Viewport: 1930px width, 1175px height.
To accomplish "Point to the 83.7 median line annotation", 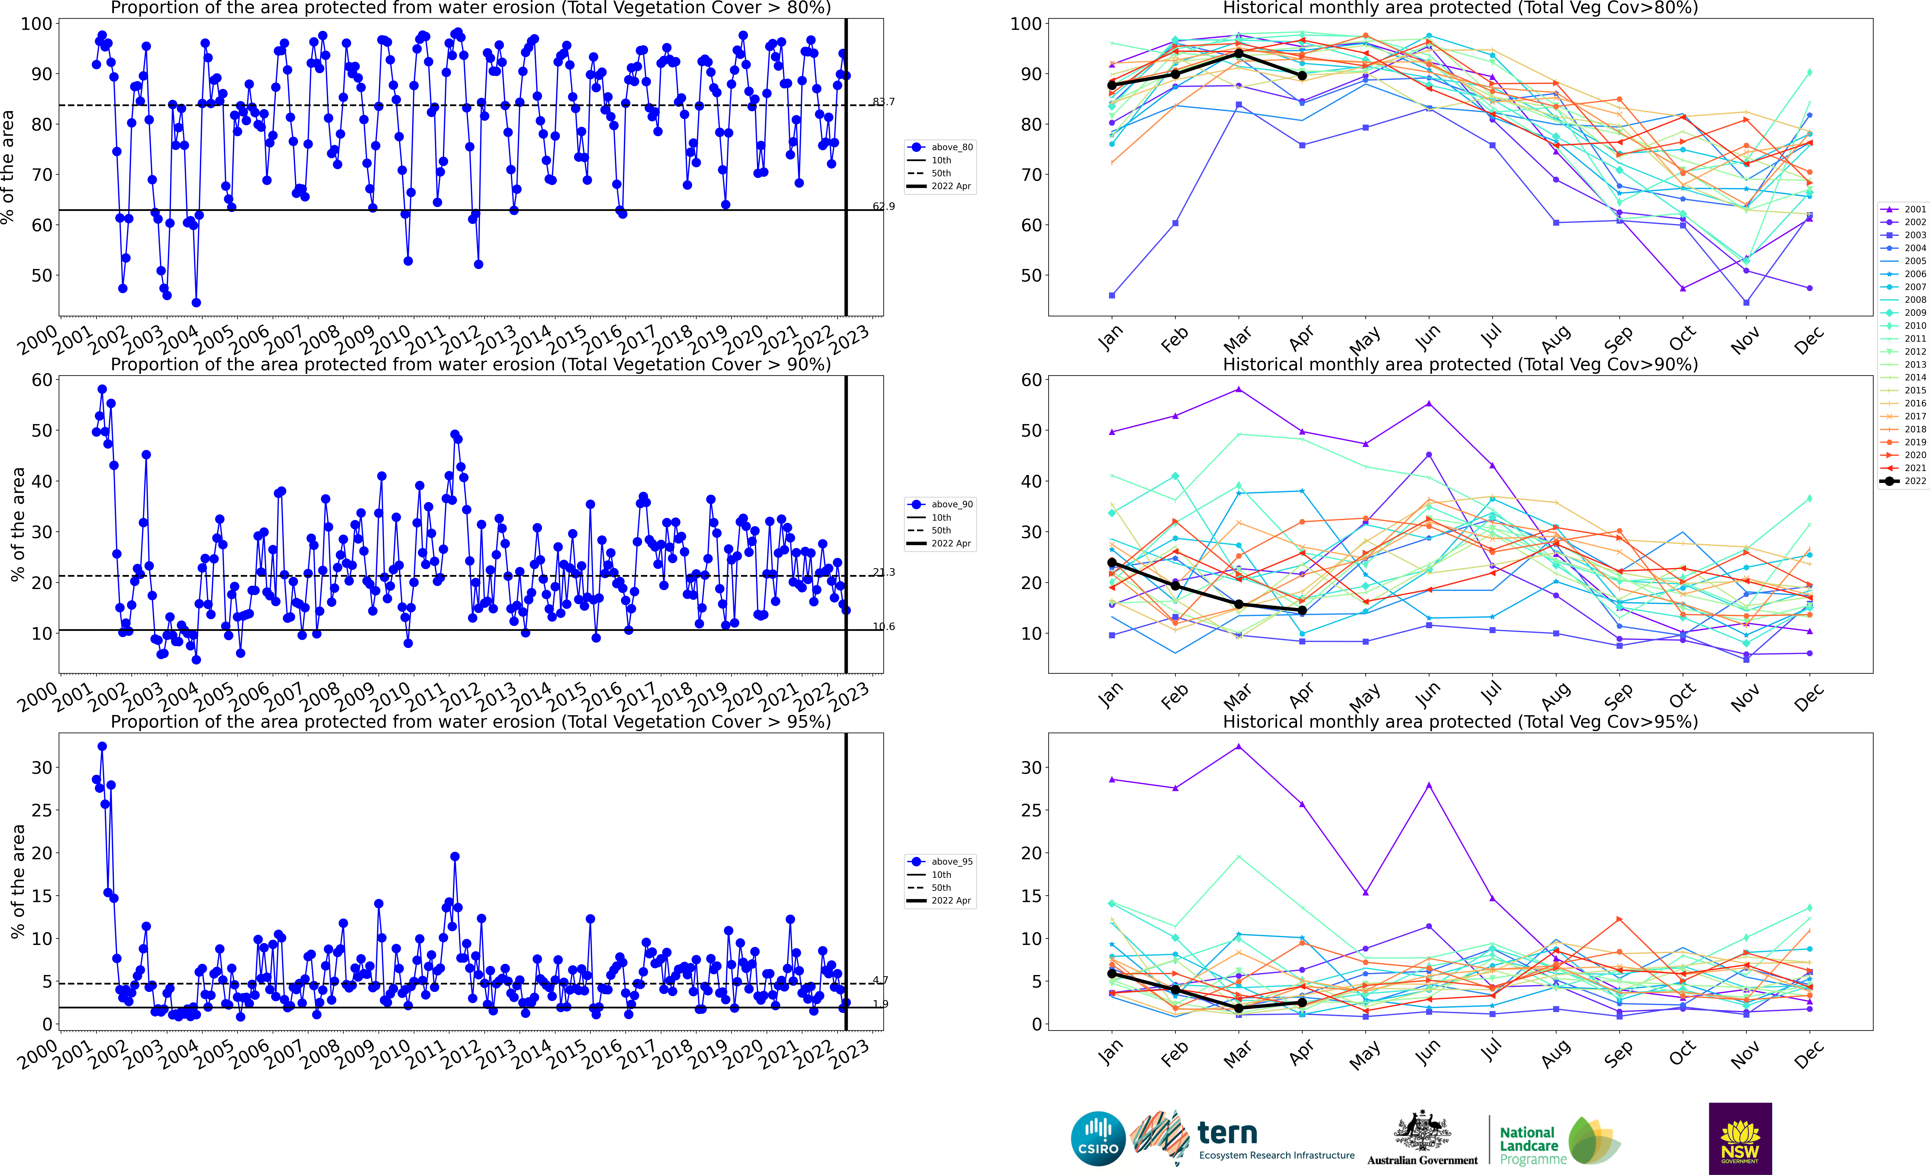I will pyautogui.click(x=884, y=102).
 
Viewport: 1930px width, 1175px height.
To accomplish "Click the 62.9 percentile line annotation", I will pyautogui.click(x=884, y=207).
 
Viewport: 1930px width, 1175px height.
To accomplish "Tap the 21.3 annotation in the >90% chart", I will pyautogui.click(x=884, y=573).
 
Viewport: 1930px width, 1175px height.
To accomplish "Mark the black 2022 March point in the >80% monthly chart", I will pyautogui.click(x=1238, y=53).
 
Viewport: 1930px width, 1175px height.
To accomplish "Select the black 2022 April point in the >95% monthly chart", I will pyautogui.click(x=1302, y=1002).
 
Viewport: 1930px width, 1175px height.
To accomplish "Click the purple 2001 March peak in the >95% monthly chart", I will pyautogui.click(x=1238, y=747).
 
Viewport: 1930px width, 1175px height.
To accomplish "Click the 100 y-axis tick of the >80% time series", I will pyautogui.click(x=36, y=24).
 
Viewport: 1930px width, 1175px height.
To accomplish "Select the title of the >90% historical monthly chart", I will pyautogui.click(x=1460, y=364).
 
